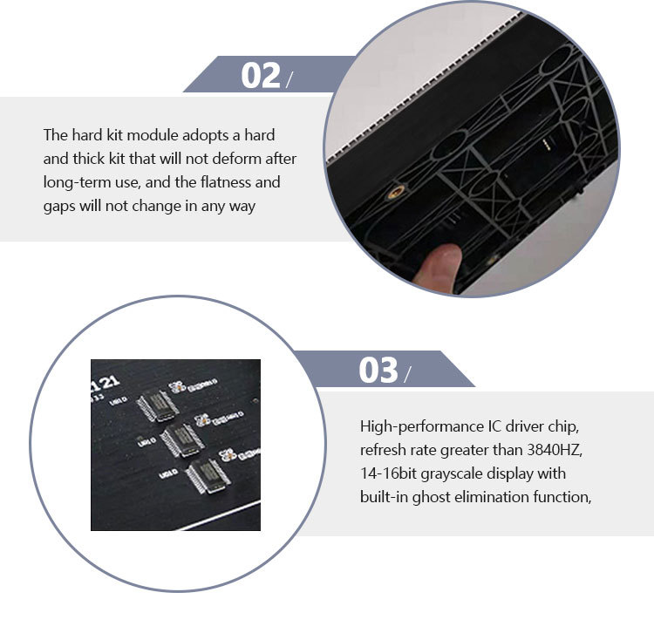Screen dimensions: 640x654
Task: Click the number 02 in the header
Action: tap(261, 76)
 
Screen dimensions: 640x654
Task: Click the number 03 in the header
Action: tap(378, 371)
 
